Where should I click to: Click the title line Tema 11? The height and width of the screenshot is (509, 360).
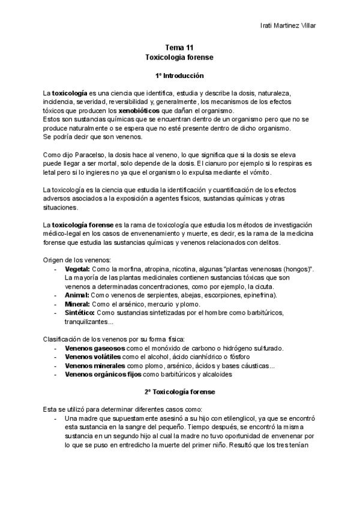click(x=180, y=47)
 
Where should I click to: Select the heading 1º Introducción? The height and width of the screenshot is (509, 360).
click(x=180, y=76)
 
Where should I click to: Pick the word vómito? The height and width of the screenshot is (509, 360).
click(x=259, y=173)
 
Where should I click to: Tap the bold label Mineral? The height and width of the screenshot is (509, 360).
click(x=77, y=304)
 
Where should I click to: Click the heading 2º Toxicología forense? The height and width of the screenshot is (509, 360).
click(x=180, y=391)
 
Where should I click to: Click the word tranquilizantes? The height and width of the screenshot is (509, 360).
click(x=88, y=322)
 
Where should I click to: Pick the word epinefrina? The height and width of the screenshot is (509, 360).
click(x=255, y=295)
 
